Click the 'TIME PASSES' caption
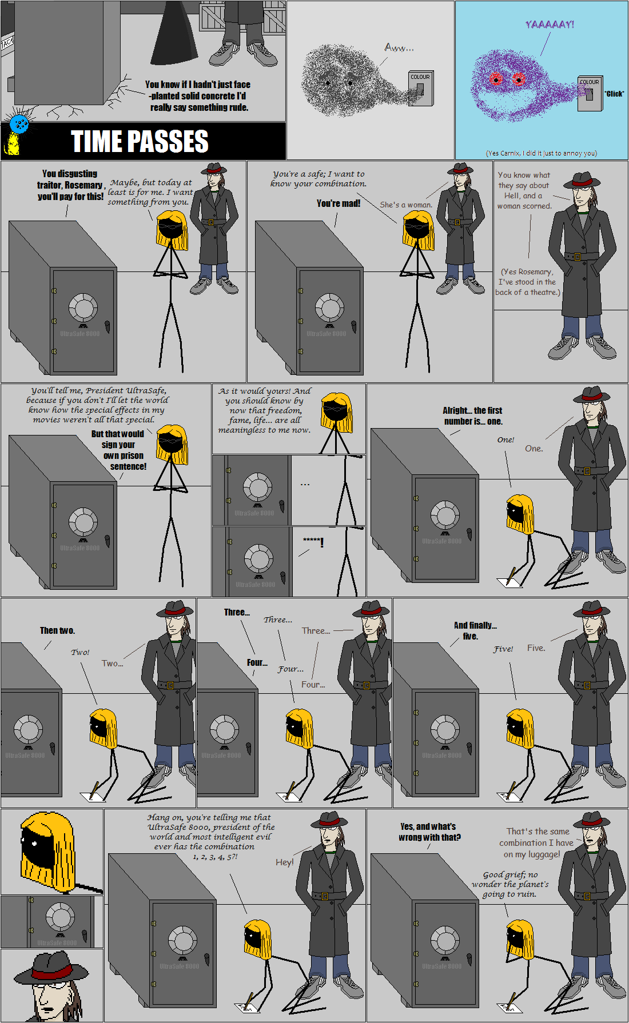[140, 141]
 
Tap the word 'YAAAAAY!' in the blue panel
[550, 24]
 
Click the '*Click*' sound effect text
[614, 94]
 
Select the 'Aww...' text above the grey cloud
[399, 47]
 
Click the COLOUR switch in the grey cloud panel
[420, 89]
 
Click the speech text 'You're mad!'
[339, 203]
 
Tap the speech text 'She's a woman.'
[406, 205]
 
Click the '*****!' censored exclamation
[313, 541]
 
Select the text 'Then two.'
[57, 630]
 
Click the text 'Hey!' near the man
[284, 862]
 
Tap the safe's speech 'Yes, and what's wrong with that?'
[429, 832]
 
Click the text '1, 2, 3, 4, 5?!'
[215, 857]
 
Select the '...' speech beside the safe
[305, 485]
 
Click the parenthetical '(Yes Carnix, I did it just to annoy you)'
[541, 153]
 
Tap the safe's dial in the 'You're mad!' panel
[329, 307]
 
